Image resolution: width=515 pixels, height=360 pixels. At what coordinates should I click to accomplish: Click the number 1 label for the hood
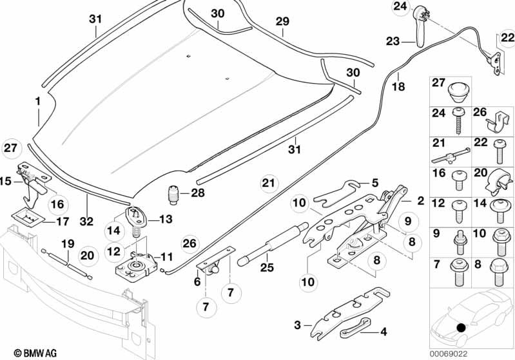(38, 101)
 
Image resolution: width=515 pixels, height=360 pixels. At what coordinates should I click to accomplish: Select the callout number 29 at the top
(282, 22)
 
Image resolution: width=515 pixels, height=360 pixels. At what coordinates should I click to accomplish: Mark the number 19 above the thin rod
(66, 244)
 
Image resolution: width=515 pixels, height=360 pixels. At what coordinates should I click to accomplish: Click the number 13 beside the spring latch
(165, 219)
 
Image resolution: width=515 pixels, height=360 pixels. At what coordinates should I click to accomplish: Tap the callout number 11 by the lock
(167, 256)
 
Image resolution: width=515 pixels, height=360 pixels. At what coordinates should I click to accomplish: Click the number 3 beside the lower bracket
(297, 326)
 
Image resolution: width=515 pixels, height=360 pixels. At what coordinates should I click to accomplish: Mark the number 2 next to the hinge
(420, 201)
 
